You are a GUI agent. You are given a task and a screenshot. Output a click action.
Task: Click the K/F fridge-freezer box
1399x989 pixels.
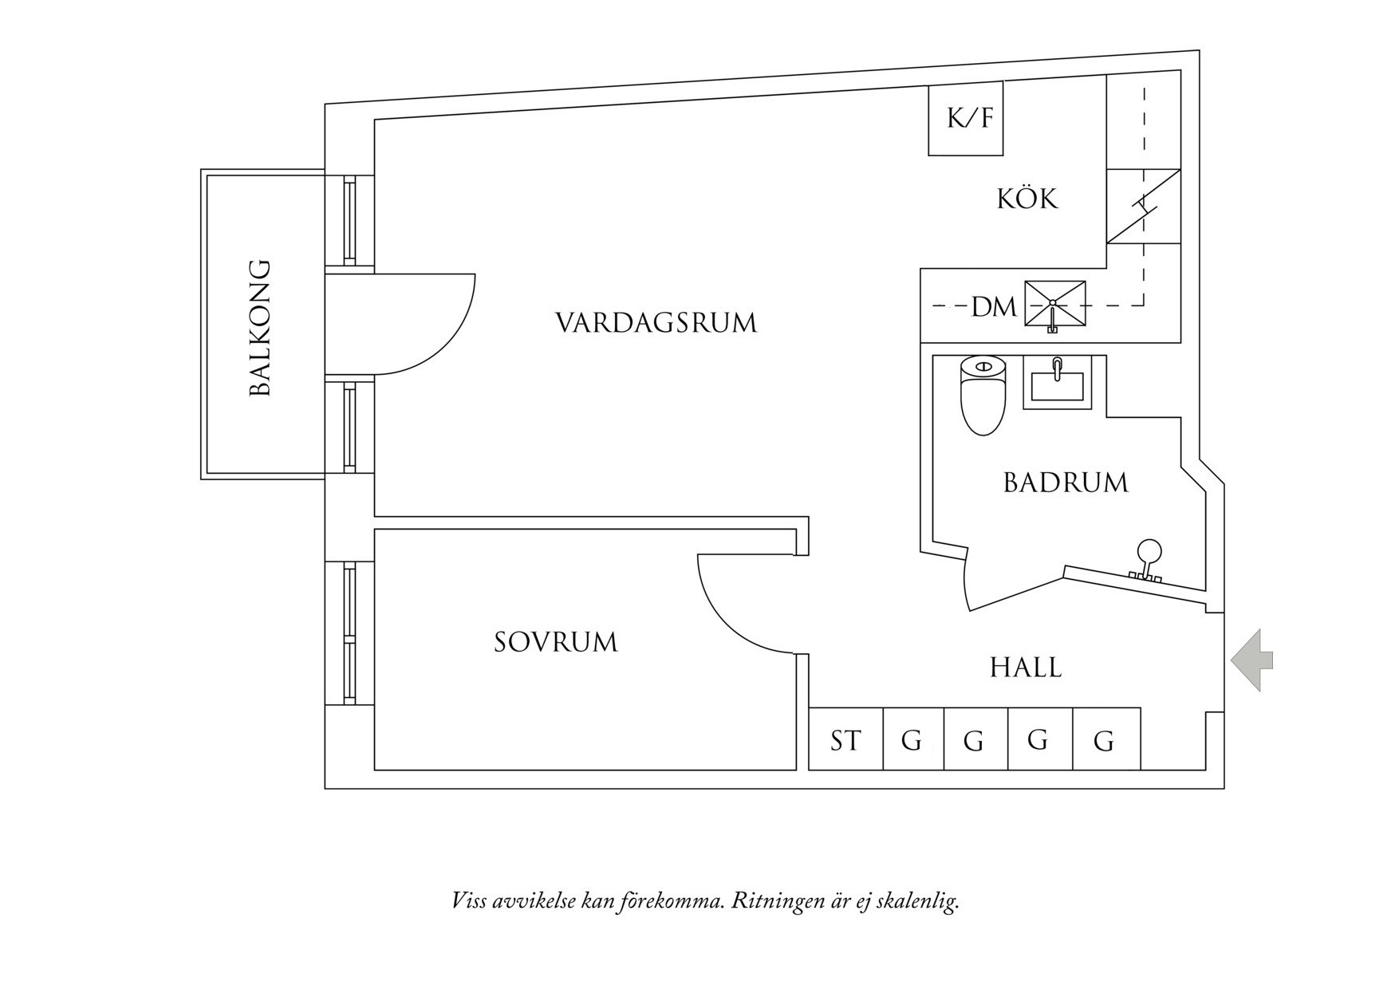coord(965,120)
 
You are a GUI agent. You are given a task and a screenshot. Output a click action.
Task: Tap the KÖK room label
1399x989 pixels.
coord(1027,199)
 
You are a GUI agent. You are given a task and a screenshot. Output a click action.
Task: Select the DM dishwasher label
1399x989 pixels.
coord(993,307)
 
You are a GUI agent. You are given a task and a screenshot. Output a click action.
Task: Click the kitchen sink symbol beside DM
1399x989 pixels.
coord(1054,305)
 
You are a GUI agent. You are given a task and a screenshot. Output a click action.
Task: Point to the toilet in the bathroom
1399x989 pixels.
coord(983,396)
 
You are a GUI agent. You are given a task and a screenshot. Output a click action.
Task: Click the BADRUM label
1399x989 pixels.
coord(1065,483)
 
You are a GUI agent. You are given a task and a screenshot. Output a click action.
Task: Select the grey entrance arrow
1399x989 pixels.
coord(1251,660)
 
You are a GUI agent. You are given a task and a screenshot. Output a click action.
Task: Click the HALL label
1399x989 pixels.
coord(1025,668)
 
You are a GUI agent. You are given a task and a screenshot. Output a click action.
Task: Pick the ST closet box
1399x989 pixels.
coord(845,740)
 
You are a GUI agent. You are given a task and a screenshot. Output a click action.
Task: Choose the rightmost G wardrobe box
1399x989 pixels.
coord(1105,740)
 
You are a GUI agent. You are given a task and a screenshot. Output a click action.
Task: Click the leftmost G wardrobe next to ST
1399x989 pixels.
coord(913,740)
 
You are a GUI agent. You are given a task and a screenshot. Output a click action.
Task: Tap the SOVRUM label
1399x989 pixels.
coord(555,642)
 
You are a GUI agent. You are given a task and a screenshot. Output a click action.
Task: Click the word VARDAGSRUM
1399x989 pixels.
coord(656,323)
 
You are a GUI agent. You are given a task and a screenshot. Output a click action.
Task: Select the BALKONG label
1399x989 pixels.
coord(261,328)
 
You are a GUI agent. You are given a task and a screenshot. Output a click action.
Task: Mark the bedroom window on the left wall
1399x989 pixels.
coord(349,633)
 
